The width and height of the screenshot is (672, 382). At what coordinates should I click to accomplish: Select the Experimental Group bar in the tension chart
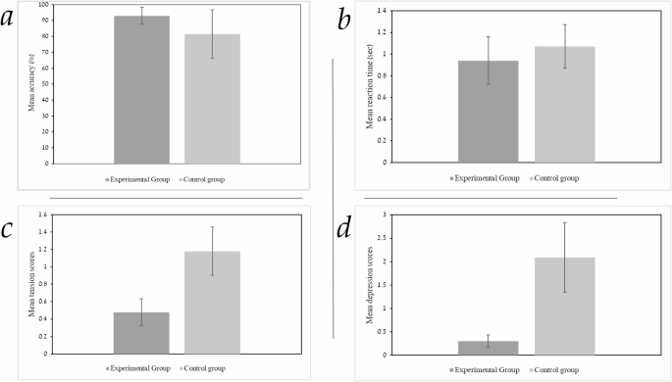(141, 332)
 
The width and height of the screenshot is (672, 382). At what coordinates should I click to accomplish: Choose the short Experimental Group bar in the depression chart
(489, 348)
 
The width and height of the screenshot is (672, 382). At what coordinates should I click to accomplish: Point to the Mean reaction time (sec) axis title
(371, 86)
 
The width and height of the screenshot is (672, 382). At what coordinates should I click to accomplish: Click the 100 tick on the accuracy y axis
(45, 5)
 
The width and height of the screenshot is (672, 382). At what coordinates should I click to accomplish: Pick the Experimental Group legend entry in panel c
(138, 368)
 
